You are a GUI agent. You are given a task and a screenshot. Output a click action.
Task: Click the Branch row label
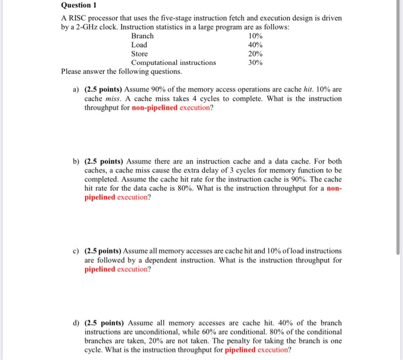pyautogui.click(x=142, y=36)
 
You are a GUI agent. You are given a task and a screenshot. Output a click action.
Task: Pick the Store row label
pyautogui.click(x=139, y=54)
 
